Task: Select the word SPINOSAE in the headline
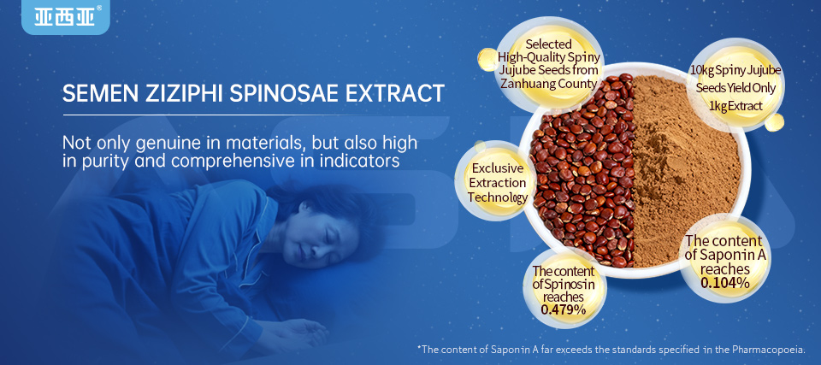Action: (287, 92)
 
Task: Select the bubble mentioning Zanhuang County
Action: (548, 63)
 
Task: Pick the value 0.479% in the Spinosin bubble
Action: (564, 309)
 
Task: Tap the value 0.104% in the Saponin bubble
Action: (724, 282)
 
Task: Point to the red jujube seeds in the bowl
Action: (582, 171)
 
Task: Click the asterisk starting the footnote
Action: (419, 349)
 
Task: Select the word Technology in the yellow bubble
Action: (497, 197)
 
